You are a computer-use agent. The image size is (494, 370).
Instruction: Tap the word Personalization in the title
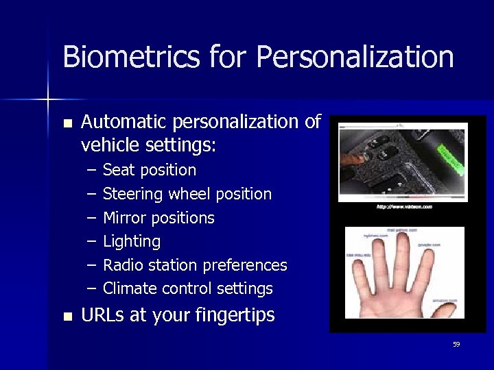[355, 57]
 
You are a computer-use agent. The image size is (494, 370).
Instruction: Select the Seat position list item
[149, 170]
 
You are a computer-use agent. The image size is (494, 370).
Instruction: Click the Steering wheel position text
[187, 194]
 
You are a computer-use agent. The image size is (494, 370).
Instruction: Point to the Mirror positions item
[158, 218]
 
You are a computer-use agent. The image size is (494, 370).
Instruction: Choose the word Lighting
[132, 241]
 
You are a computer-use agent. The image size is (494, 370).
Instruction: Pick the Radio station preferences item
[195, 265]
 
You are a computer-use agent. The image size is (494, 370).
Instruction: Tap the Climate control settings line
[187, 288]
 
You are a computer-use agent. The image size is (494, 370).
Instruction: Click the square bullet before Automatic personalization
[67, 123]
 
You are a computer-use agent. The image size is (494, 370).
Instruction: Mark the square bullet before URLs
[67, 317]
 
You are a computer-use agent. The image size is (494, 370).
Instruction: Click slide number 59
[456, 345]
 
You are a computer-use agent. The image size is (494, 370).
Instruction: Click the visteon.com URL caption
[403, 206]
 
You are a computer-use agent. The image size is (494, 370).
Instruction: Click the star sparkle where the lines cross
[49, 100]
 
